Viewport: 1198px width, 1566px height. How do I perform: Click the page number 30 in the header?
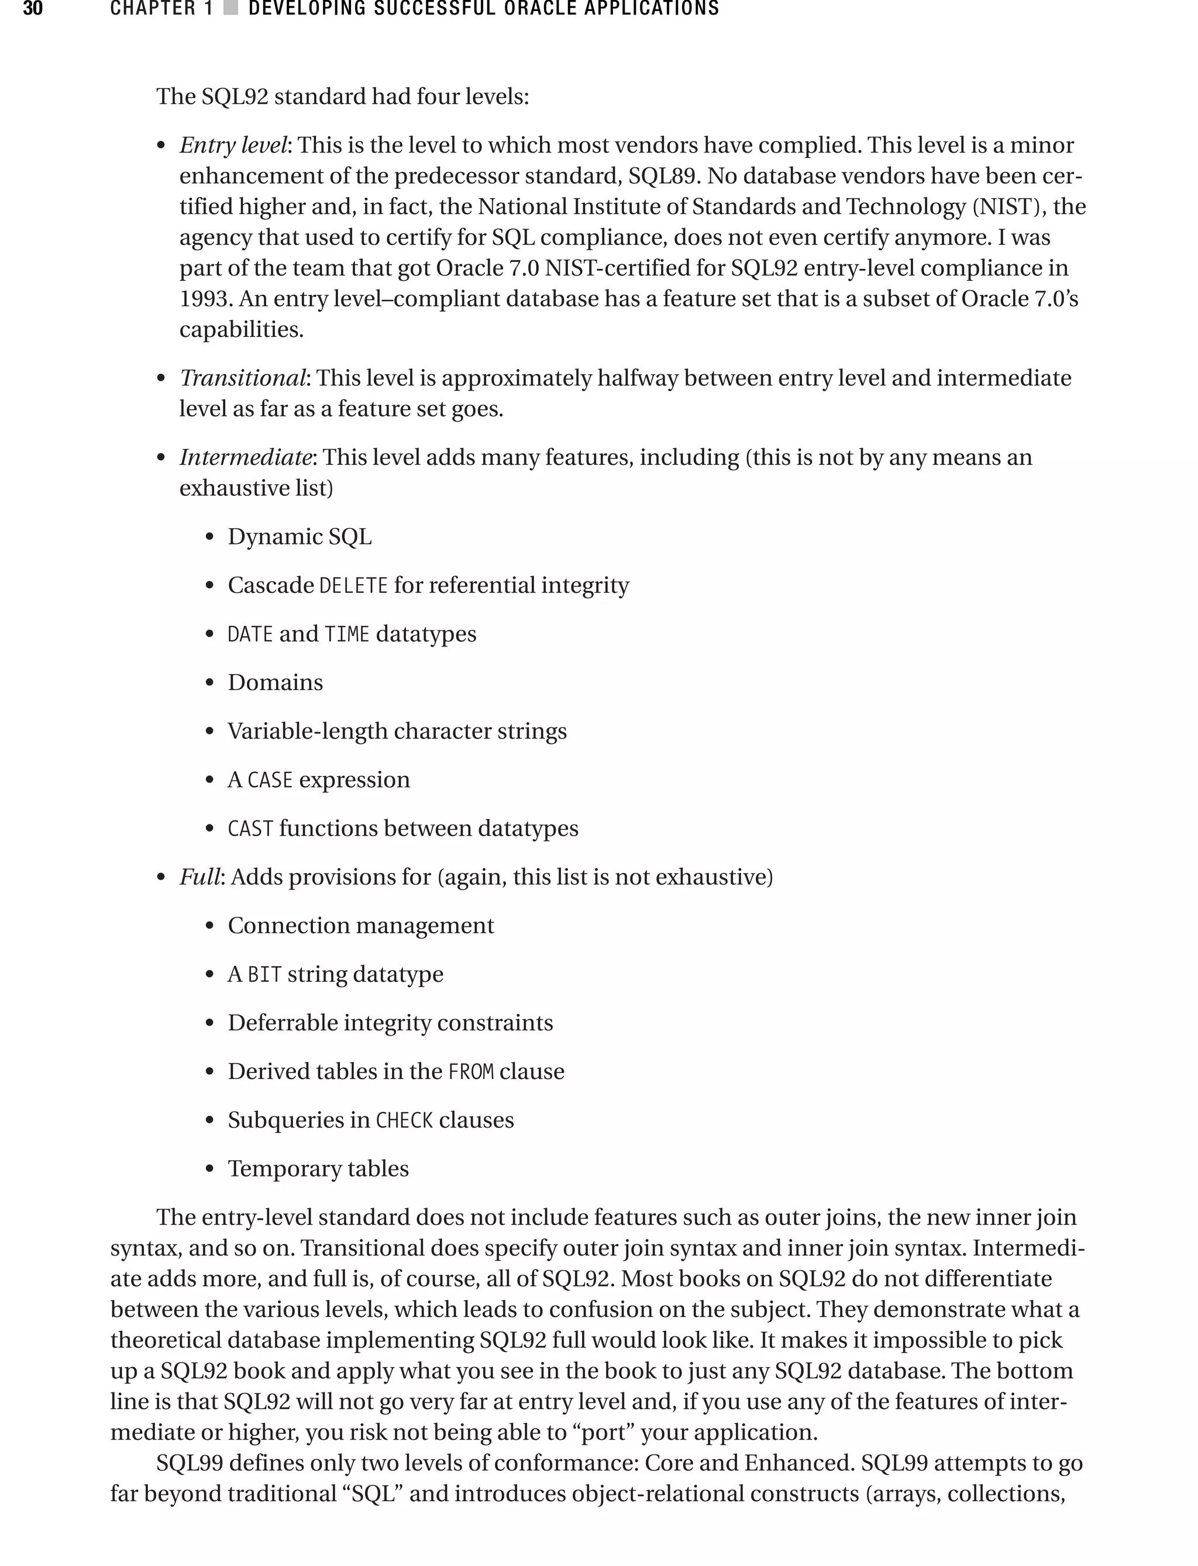[33, 9]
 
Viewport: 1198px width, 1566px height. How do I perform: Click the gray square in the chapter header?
[230, 9]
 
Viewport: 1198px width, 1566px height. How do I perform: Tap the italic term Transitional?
[242, 378]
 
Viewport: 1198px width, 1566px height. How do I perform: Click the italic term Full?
[199, 877]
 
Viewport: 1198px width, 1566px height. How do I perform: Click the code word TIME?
[347, 634]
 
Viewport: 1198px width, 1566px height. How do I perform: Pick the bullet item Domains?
[276, 683]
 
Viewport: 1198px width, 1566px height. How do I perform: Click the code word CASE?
[270, 781]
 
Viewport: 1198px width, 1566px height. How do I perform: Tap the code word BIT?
[264, 974]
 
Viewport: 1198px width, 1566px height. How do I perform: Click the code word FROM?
[471, 1072]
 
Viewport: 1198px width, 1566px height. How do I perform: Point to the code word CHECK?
[404, 1120]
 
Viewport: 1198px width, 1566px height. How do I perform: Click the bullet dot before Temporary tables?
[209, 1170]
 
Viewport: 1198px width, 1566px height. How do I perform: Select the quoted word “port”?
[611, 1432]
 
